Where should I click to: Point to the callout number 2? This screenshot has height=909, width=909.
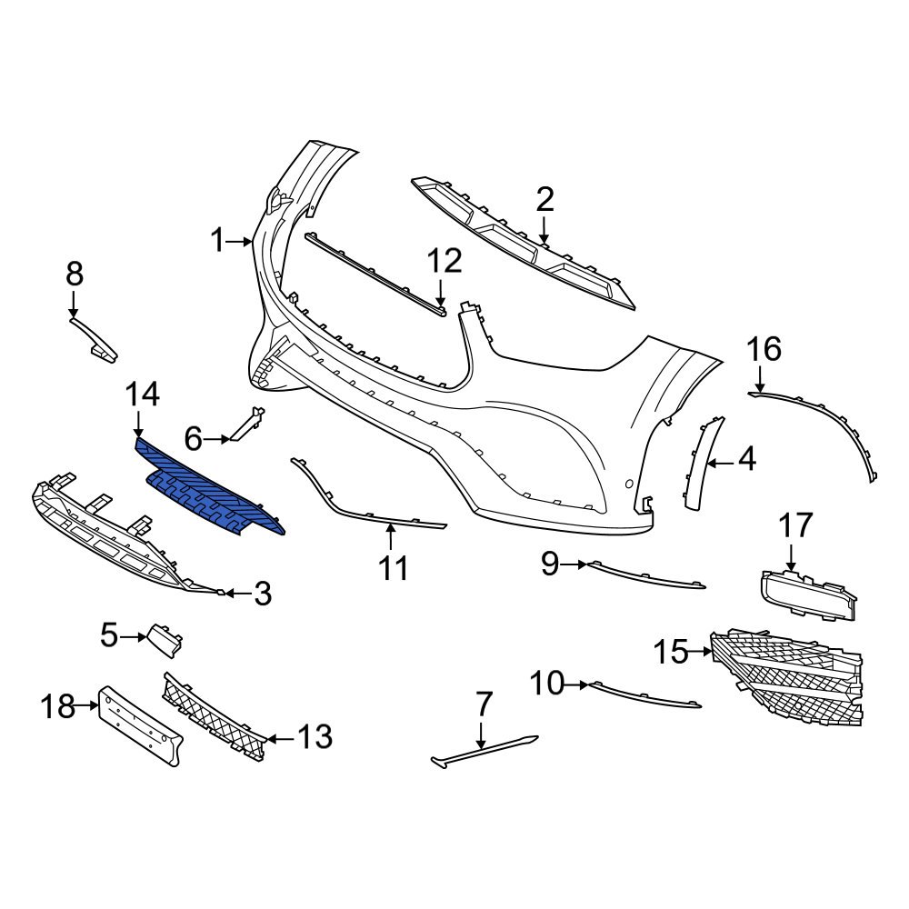tap(544, 199)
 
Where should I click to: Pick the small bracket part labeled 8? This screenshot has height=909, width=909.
tap(95, 336)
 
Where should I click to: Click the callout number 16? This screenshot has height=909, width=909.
tap(764, 348)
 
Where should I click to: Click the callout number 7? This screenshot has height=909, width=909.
tap(484, 703)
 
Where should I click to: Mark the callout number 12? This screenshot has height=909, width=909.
tap(445, 262)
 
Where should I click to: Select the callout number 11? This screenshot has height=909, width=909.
tap(393, 568)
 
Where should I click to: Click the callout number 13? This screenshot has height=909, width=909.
tap(315, 737)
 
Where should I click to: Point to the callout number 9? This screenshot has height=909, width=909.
tap(550, 564)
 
